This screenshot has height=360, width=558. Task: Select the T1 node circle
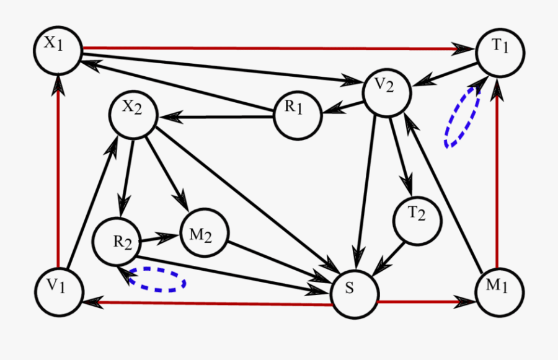500,53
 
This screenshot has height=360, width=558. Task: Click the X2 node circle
133,114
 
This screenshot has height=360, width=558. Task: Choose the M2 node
204,234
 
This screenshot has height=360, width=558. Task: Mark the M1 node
500,289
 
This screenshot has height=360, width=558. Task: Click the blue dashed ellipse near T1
461,118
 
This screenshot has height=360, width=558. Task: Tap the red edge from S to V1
211,303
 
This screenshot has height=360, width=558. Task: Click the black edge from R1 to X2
217,115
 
